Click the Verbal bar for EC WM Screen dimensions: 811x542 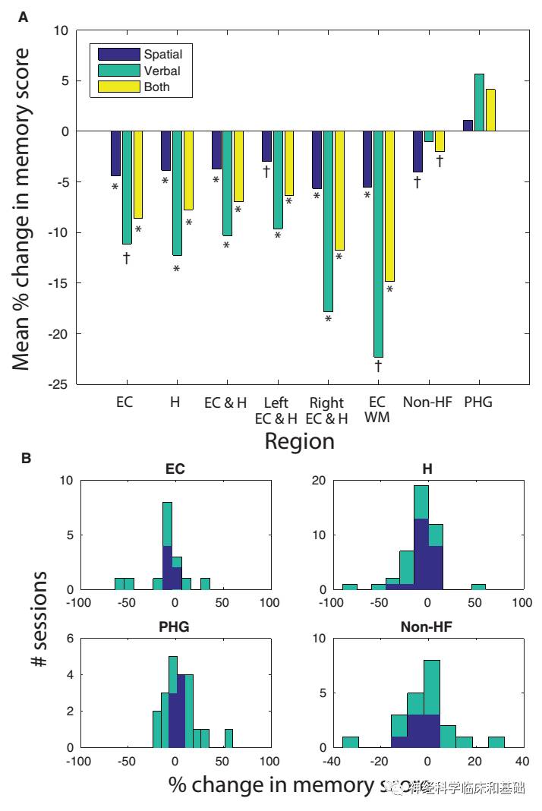point(378,244)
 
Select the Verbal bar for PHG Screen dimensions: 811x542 point(479,103)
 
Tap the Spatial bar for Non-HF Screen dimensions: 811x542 point(418,152)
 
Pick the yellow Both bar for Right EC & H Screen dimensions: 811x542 point(339,191)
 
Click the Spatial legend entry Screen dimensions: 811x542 point(164,54)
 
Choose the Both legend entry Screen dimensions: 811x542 point(157,87)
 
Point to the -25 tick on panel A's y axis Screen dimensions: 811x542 point(58,384)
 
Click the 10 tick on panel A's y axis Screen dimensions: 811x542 point(61,30)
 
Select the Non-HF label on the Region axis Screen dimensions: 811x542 point(427,402)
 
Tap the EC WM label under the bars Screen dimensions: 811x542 point(377,409)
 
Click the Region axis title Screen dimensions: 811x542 point(299,441)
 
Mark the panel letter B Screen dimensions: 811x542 point(26,459)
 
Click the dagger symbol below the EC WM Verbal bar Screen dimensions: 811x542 point(378,366)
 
